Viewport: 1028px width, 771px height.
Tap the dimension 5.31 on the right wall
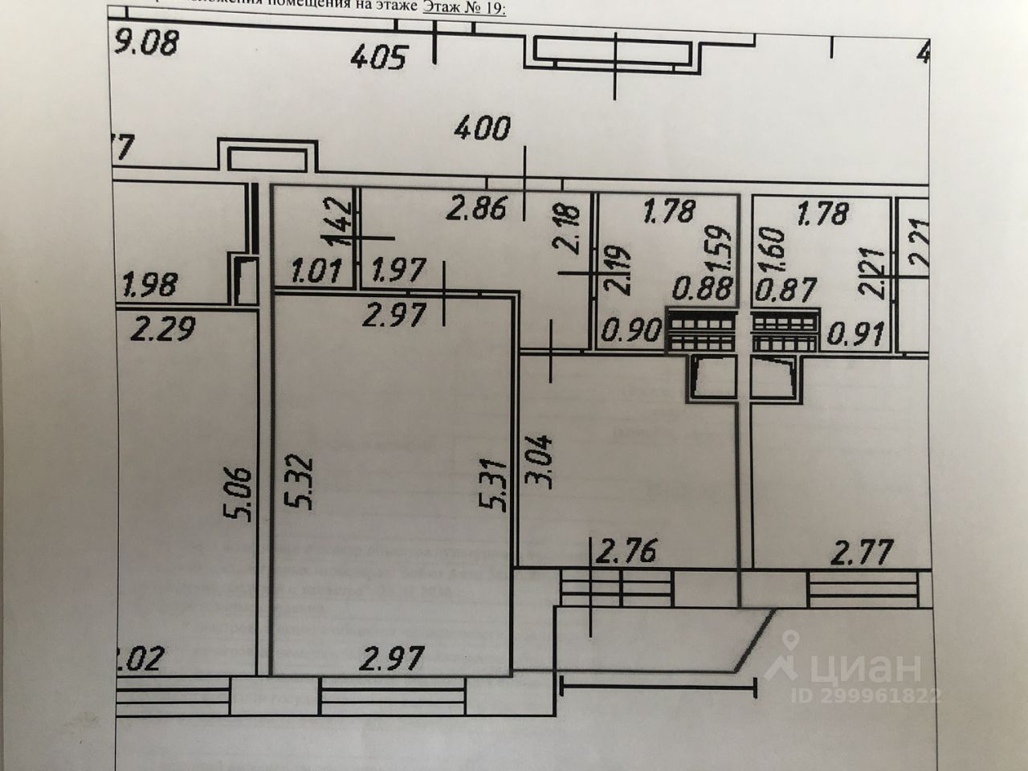coord(492,485)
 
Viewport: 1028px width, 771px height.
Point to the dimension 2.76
coord(627,552)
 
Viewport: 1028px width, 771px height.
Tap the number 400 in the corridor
coord(482,128)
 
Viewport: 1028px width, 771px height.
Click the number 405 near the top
coord(380,57)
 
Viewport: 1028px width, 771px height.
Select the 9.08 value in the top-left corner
coord(145,42)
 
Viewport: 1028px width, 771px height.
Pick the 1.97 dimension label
coord(399,270)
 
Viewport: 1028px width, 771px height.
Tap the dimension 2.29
coord(163,328)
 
